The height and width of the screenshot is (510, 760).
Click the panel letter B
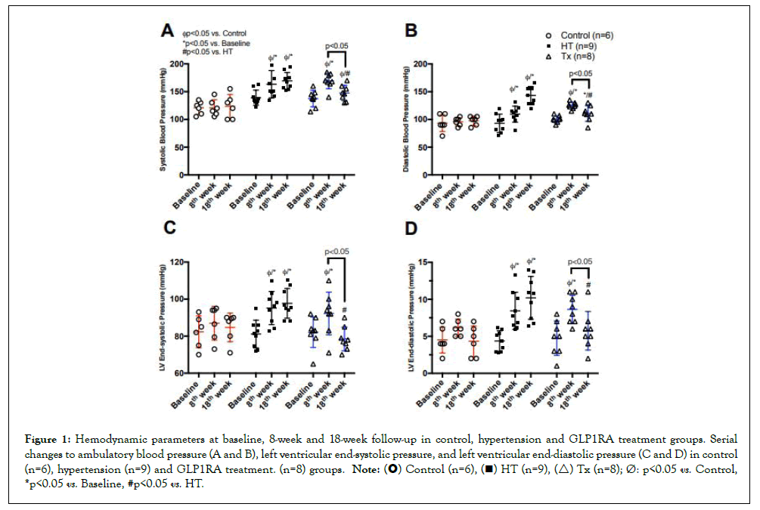(x=411, y=31)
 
